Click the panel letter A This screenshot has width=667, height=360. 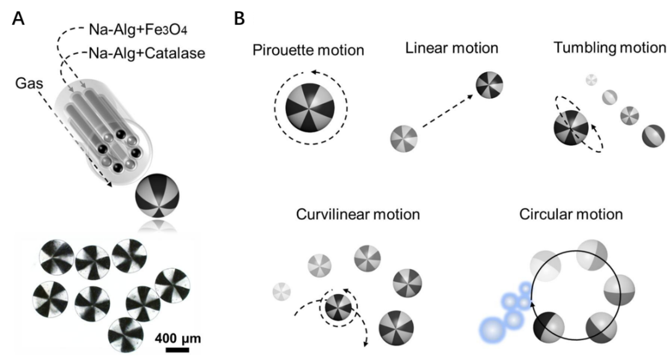tap(19, 19)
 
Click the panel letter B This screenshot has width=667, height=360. tap(240, 19)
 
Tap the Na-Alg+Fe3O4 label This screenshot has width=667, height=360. tap(138, 30)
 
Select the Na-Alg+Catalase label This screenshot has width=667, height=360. tap(147, 53)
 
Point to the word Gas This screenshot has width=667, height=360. tap(29, 83)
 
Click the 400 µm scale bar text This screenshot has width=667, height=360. tap(177, 339)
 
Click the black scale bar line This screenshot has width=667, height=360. tap(177, 350)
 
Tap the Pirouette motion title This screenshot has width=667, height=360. tap(308, 50)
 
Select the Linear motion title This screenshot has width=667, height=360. tap(451, 48)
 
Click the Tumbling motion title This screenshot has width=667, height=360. tap(610, 48)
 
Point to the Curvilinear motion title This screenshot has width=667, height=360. tap(358, 214)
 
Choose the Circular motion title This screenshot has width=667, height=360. tap(571, 214)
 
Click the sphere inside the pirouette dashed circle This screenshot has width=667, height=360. tap(310, 107)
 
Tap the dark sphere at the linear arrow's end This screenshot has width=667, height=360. tap(489, 85)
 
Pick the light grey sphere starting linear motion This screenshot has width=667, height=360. tap(404, 138)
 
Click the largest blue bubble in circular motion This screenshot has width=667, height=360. tap(493, 330)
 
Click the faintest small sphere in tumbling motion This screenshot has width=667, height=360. tap(591, 80)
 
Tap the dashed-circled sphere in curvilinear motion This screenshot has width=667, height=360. tap(338, 307)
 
